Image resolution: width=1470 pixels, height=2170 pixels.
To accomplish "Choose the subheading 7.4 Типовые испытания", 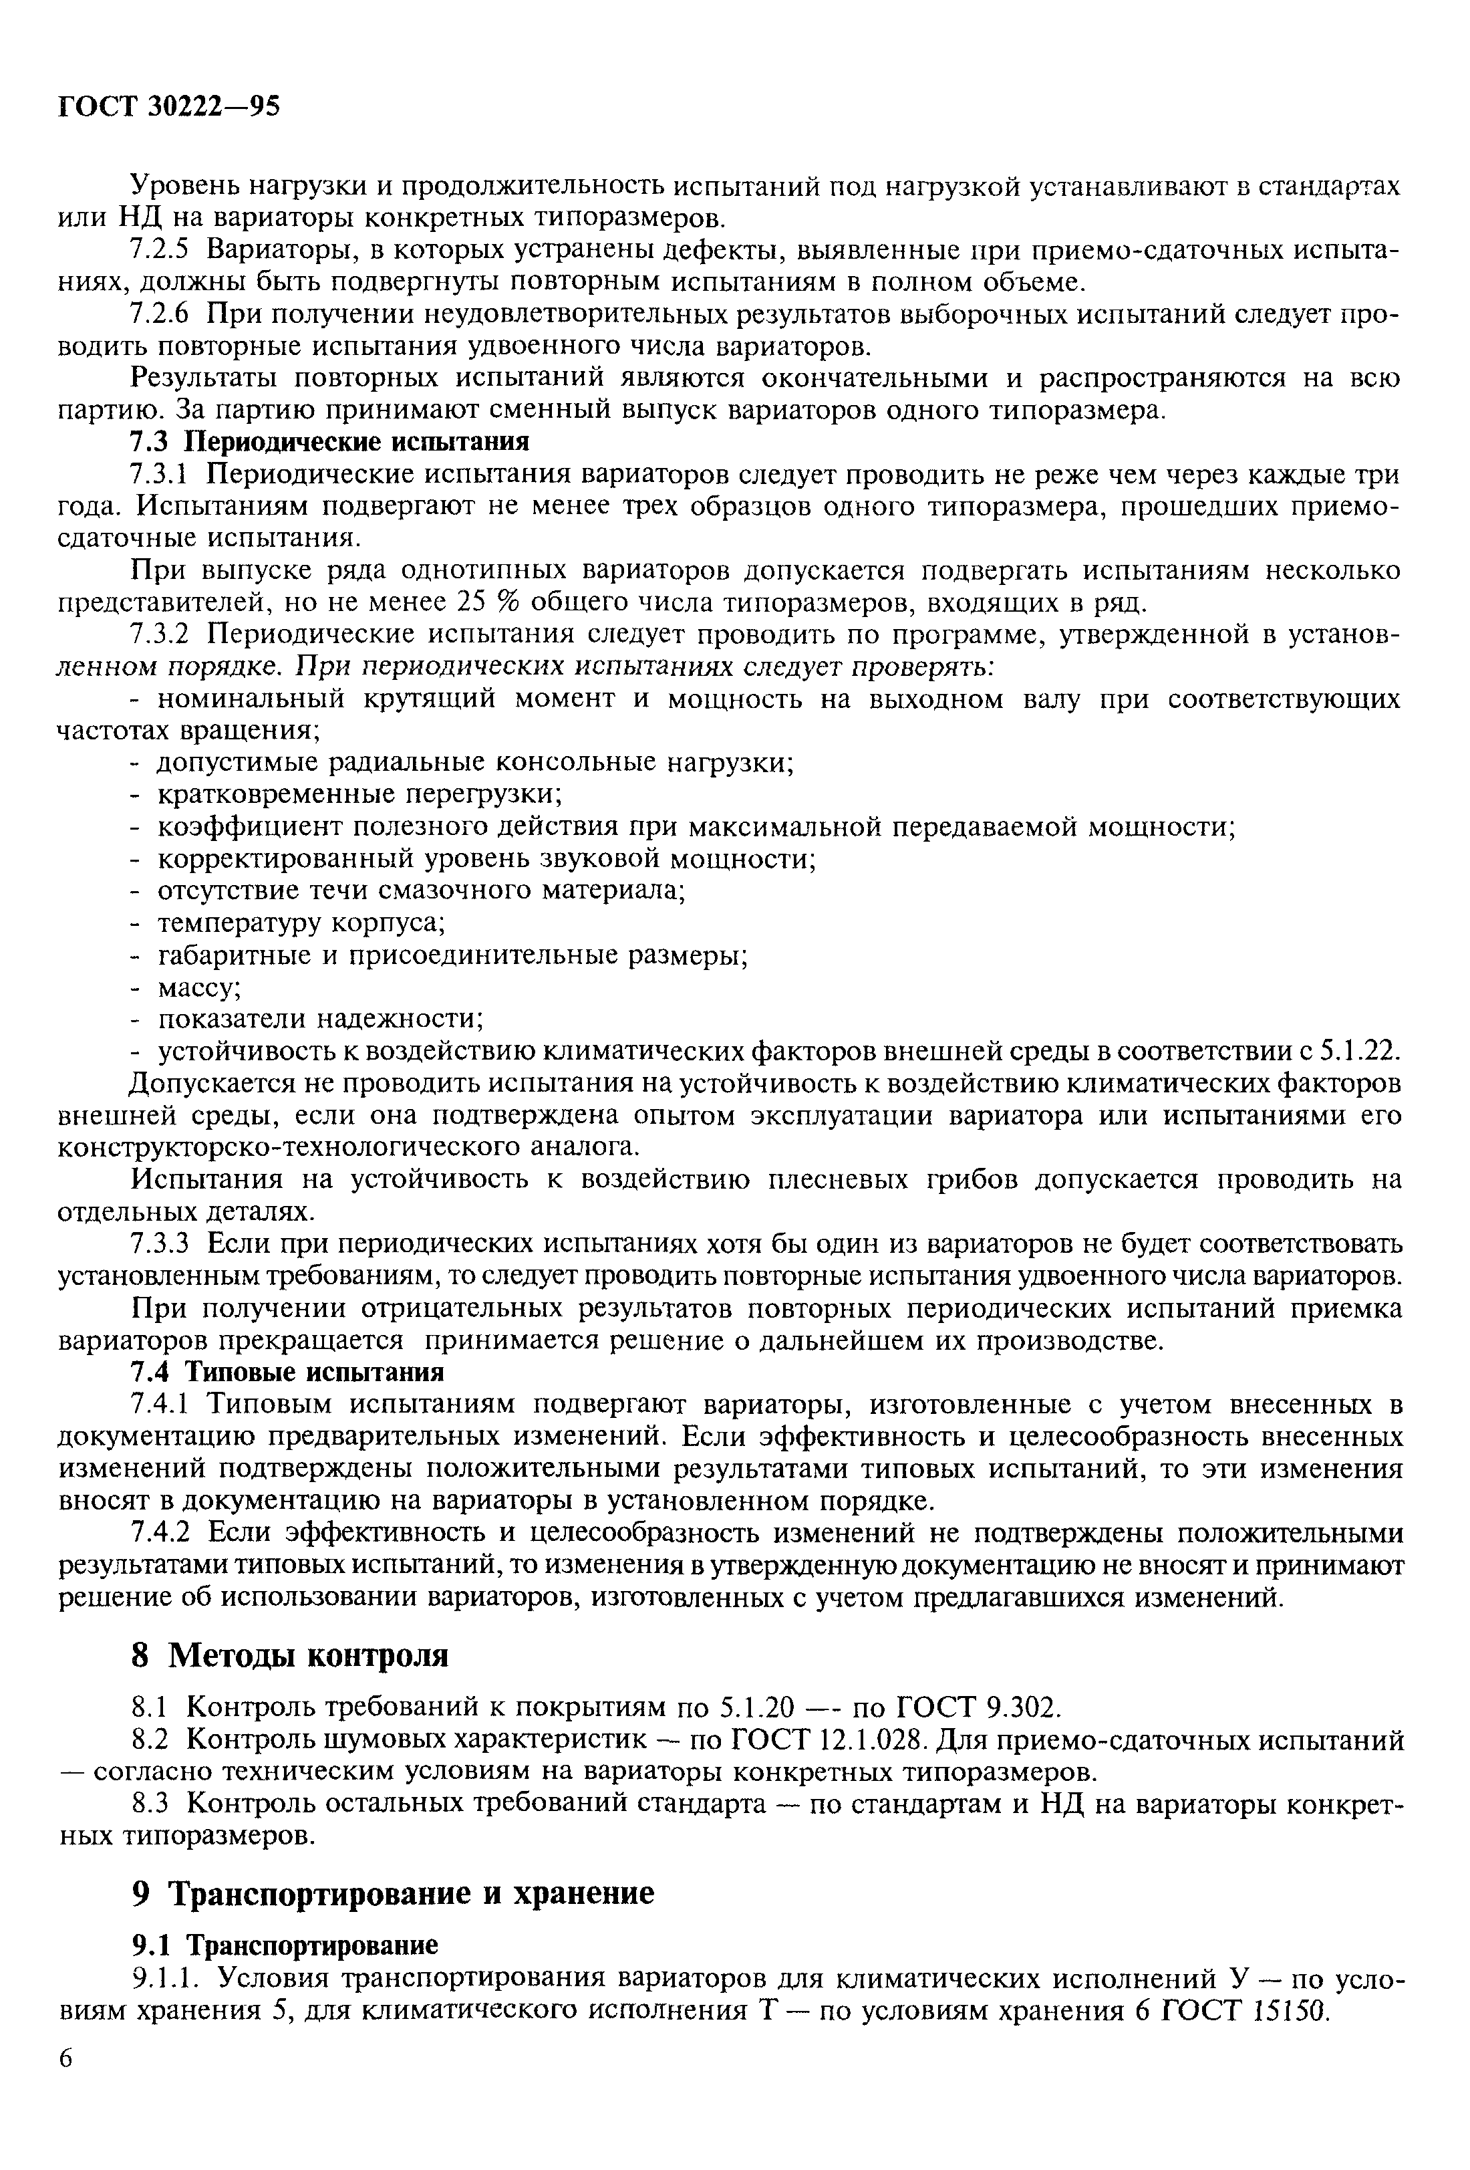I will coord(287,1372).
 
